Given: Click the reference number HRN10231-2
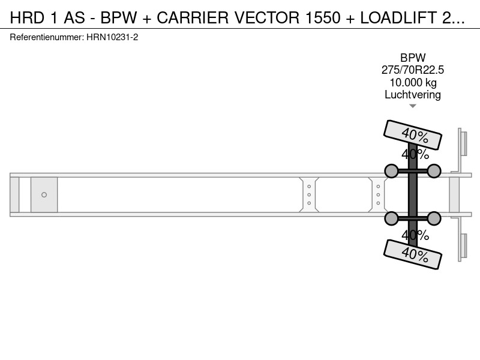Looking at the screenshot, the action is click(112, 37).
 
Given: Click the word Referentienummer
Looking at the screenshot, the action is click(46, 37).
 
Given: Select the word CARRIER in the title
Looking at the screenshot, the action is click(193, 17).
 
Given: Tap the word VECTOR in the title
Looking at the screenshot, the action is click(267, 17).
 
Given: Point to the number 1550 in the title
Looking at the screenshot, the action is click(323, 17).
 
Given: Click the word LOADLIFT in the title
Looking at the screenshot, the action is click(398, 17).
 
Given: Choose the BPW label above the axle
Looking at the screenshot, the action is click(413, 58).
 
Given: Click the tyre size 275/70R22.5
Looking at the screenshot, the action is click(413, 70).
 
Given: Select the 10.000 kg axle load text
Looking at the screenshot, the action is click(413, 83).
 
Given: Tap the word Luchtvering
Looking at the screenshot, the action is click(413, 95).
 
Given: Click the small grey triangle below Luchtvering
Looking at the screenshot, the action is click(413, 106).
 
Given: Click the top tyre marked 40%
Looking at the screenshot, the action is click(413, 134).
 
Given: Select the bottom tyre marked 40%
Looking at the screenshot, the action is click(413, 254).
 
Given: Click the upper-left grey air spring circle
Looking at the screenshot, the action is click(391, 171).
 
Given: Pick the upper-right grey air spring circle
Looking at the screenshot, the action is click(434, 171).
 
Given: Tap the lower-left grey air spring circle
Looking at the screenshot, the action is click(391, 218).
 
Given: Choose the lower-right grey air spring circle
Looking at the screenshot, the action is click(434, 218).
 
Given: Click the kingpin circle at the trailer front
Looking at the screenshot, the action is click(44, 194).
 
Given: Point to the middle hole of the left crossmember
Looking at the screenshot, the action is click(309, 194).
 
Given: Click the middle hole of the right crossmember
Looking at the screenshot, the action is click(378, 194).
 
